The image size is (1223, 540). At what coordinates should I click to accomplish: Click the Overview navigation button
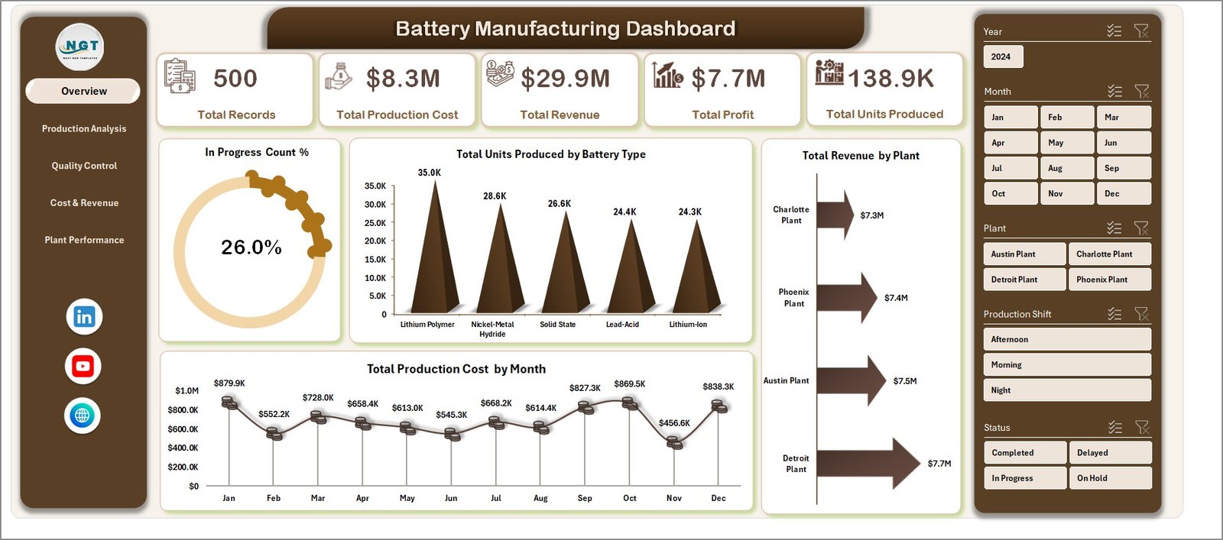pyautogui.click(x=83, y=91)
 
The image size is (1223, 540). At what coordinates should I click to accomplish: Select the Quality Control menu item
pyautogui.click(x=84, y=166)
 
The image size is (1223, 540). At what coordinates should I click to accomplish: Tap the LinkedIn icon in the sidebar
pyautogui.click(x=84, y=317)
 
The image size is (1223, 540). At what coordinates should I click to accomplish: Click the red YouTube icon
pyautogui.click(x=83, y=367)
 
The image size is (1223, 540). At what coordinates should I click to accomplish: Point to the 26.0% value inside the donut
pyautogui.click(x=251, y=247)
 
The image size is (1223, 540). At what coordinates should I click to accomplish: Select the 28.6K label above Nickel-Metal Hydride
pyautogui.click(x=495, y=196)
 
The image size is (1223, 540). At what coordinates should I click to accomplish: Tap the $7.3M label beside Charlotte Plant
pyautogui.click(x=871, y=215)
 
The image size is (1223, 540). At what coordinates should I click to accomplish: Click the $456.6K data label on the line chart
pyautogui.click(x=674, y=423)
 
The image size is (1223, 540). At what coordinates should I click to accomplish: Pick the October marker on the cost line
pyautogui.click(x=630, y=403)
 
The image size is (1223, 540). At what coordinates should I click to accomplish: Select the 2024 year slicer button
pyautogui.click(x=1001, y=57)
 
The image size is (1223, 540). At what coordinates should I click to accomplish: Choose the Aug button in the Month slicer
pyautogui.click(x=1066, y=168)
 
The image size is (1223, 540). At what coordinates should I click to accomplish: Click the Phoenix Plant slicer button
pyautogui.click(x=1109, y=280)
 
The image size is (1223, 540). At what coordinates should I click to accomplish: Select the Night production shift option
pyautogui.click(x=1066, y=390)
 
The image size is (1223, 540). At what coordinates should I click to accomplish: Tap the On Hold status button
pyautogui.click(x=1109, y=478)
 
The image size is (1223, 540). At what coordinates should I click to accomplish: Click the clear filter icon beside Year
pyautogui.click(x=1140, y=31)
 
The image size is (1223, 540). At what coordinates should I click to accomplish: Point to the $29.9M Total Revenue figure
pyautogui.click(x=565, y=79)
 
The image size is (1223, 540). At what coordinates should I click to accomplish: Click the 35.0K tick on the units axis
pyautogui.click(x=375, y=186)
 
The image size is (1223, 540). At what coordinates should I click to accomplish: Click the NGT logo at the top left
pyautogui.click(x=80, y=47)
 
